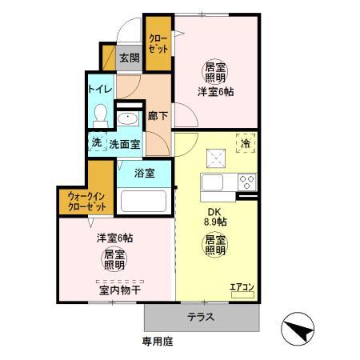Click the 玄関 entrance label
(x=130, y=58)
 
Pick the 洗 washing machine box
(x=96, y=143)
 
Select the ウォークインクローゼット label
(x=86, y=200)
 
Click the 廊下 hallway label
(x=158, y=115)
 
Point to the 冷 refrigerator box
(x=245, y=145)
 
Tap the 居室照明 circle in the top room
(x=214, y=73)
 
